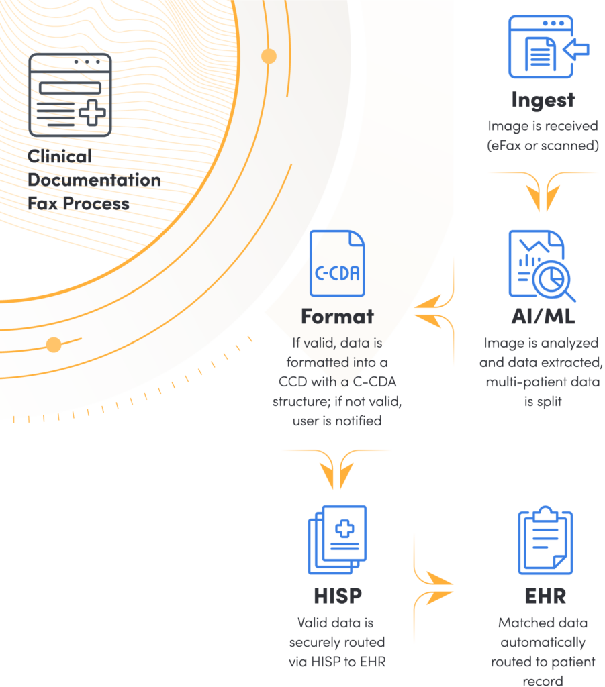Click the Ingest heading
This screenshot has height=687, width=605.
click(x=543, y=100)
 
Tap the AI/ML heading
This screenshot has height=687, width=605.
click(x=543, y=316)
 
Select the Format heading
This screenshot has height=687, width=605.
click(x=337, y=315)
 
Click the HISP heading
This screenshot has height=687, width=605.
click(x=337, y=595)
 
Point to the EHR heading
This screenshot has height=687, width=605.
click(x=545, y=595)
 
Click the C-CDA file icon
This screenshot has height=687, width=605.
click(x=337, y=264)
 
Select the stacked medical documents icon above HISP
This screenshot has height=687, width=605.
click(x=338, y=539)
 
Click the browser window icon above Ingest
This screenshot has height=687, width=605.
click(x=543, y=46)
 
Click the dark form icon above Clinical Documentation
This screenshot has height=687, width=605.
click(x=70, y=95)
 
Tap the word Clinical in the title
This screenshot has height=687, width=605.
click(x=60, y=156)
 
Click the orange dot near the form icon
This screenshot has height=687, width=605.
click(x=269, y=56)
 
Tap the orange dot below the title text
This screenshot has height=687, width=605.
click(x=54, y=345)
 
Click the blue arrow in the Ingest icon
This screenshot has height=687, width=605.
click(x=576, y=49)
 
